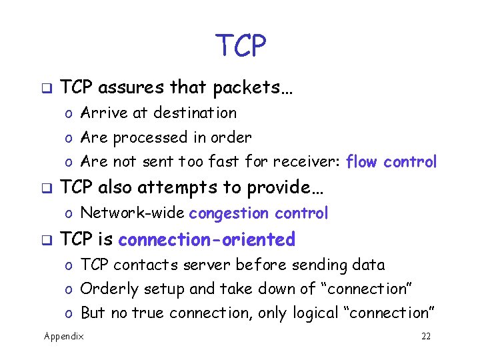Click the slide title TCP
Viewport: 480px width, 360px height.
click(x=241, y=45)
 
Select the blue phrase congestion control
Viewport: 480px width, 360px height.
click(x=259, y=213)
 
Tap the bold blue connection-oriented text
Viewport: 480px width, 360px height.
click(x=207, y=239)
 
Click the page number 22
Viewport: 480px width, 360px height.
click(x=426, y=336)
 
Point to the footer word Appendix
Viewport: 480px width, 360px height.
click(x=64, y=336)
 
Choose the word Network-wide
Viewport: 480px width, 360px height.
click(x=133, y=213)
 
